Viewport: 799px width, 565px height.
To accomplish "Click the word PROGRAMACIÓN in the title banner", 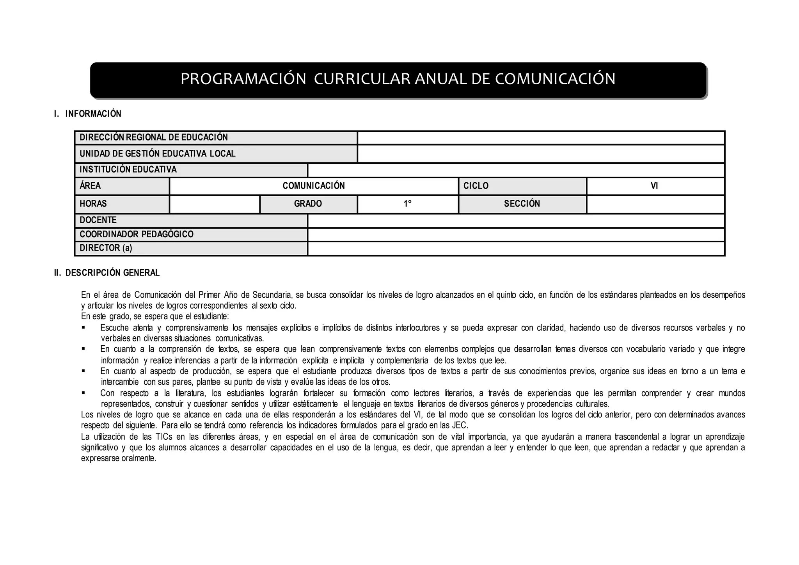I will coord(243,79).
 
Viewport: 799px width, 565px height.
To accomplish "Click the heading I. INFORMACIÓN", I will coord(88,114).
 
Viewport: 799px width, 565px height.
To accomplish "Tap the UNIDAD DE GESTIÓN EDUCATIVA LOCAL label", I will coord(158,154).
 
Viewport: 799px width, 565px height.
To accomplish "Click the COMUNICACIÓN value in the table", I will coord(314,186).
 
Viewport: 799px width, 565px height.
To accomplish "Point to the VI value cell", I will coord(655,186).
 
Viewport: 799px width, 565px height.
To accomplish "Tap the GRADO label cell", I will coord(308,204).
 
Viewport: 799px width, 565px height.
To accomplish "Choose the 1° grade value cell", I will coord(407,204).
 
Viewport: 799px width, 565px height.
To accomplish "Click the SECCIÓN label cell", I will coord(522,204).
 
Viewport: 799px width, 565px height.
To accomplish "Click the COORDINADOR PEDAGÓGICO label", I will coord(137,235).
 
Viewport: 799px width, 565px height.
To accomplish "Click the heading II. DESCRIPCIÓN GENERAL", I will coord(107,273).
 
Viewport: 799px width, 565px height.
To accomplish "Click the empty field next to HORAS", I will coord(215,204).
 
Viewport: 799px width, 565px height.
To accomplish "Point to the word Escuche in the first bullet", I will coord(114,328).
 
